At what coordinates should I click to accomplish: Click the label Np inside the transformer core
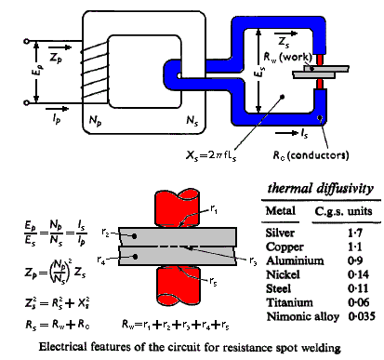click(x=95, y=121)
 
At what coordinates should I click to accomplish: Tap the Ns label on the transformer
click(x=192, y=121)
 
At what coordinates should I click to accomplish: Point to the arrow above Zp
click(x=60, y=47)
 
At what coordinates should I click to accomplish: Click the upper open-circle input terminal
click(x=27, y=41)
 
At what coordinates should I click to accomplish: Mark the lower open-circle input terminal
click(x=27, y=102)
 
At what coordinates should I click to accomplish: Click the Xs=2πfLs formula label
click(x=211, y=155)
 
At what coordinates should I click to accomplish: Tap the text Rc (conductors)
click(x=311, y=155)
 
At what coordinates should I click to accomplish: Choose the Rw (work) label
click(x=287, y=57)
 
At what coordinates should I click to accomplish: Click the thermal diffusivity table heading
click(x=321, y=189)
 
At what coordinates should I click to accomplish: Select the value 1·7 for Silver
click(x=355, y=233)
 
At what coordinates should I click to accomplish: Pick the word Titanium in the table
click(x=289, y=302)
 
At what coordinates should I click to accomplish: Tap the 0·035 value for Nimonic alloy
click(x=362, y=316)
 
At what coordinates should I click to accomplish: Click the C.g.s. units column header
click(x=343, y=211)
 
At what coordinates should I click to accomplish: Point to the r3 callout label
click(x=253, y=261)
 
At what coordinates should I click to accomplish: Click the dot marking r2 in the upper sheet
click(x=135, y=236)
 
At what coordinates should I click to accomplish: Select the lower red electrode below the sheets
click(x=178, y=286)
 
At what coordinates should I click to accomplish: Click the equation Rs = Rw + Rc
click(x=58, y=325)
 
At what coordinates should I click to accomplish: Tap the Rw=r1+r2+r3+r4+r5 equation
click(x=176, y=325)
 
